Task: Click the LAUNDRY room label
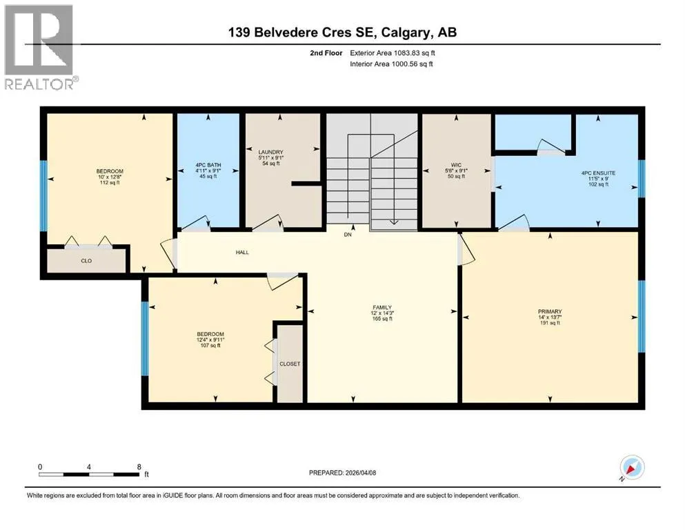(271, 152)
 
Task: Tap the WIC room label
(456, 165)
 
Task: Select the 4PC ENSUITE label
(598, 173)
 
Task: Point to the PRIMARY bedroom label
(550, 311)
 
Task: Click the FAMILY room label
(382, 307)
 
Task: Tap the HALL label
(242, 252)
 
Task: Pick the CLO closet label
(86, 261)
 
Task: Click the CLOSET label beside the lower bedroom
(290, 364)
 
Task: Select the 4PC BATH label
(208, 165)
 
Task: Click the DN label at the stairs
(348, 235)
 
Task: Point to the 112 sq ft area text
(110, 183)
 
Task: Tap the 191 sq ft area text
(550, 323)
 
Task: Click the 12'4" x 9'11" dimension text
(210, 340)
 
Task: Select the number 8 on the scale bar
(139, 467)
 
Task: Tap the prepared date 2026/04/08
(360, 473)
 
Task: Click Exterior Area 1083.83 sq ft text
(393, 53)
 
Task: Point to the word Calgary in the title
(405, 32)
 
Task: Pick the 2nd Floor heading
(326, 53)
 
